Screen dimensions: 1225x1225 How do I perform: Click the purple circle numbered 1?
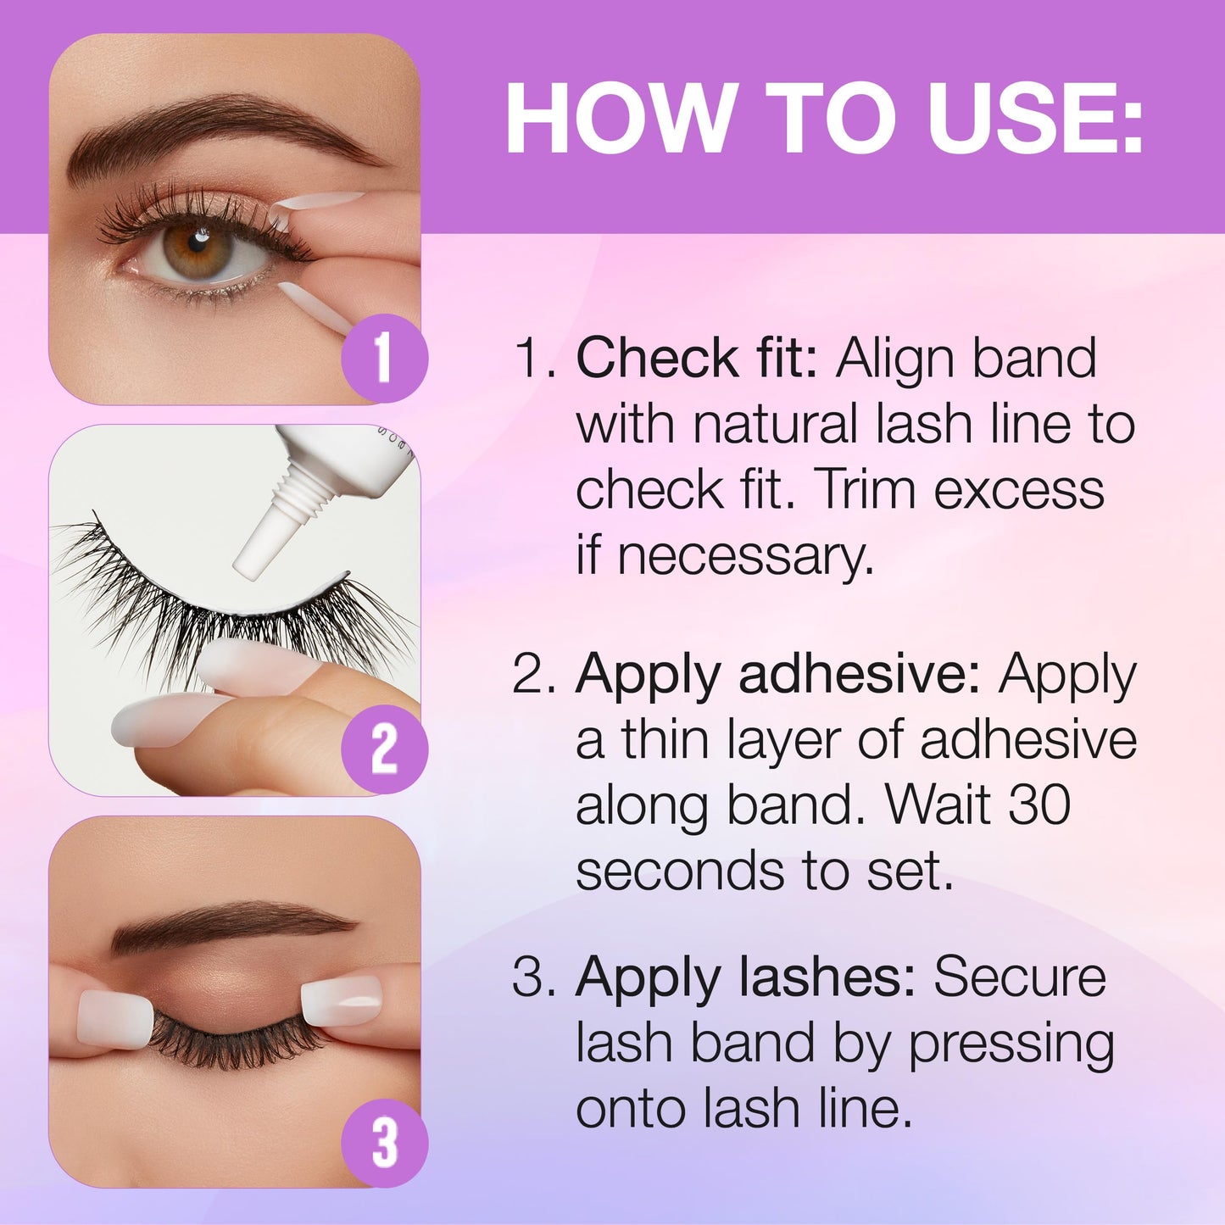385,358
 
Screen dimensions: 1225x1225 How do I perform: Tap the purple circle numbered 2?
385,749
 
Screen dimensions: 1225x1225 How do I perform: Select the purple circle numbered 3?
385,1142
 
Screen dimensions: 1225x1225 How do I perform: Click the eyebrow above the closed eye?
232,924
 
